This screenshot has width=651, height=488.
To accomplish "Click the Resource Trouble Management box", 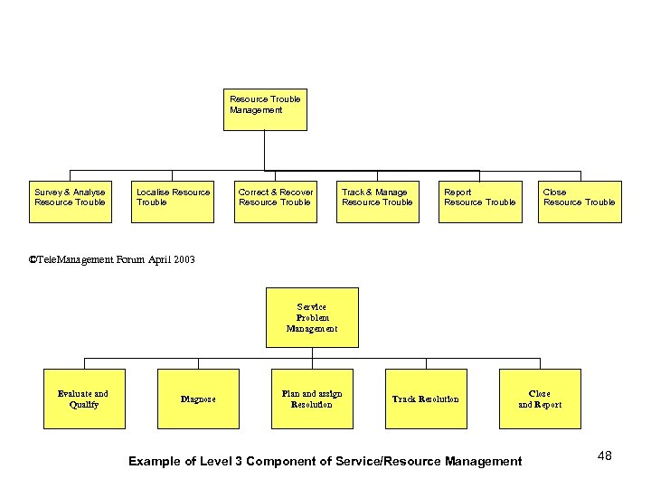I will (x=265, y=109).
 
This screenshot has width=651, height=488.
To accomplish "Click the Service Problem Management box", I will (x=312, y=317).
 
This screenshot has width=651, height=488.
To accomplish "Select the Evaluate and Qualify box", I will (x=83, y=399).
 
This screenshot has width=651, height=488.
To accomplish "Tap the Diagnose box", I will (x=198, y=399).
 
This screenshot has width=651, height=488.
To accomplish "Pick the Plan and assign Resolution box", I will (x=312, y=399).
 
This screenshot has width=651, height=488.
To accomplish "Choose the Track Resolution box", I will (x=426, y=399).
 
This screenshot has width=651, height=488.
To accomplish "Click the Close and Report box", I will (x=540, y=399).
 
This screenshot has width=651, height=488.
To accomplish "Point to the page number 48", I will (x=605, y=456).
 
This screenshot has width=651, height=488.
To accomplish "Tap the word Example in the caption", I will (x=152, y=462).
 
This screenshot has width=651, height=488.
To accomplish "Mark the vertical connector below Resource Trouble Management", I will (x=264, y=150).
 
